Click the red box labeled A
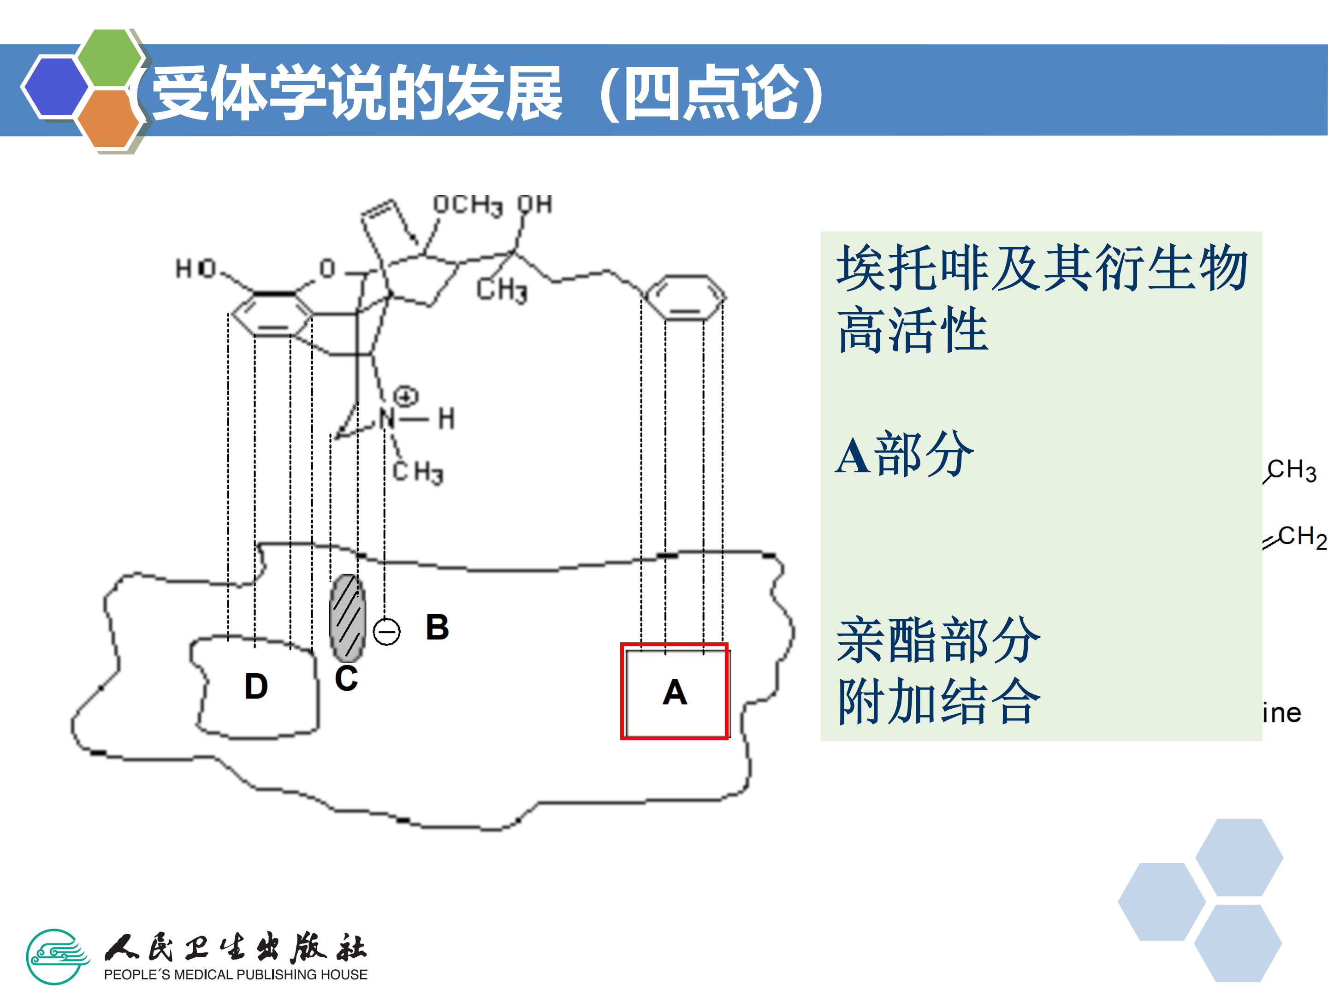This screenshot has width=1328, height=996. (674, 691)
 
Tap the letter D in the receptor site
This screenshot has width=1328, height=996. (256, 686)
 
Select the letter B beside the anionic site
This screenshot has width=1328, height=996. (437, 628)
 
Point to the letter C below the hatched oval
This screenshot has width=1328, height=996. (346, 678)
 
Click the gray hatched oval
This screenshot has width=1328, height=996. (347, 618)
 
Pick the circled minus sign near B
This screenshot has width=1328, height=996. (386, 632)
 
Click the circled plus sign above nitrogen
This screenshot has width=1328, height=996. (406, 396)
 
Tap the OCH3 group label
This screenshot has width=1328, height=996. (467, 205)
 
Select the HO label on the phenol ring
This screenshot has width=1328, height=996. (195, 268)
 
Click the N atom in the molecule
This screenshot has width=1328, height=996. (387, 418)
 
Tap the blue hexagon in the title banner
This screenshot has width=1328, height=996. (55, 85)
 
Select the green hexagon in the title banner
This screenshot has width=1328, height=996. (110, 58)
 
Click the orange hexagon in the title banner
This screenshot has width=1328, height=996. (109, 118)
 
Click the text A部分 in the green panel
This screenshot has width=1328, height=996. (903, 455)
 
